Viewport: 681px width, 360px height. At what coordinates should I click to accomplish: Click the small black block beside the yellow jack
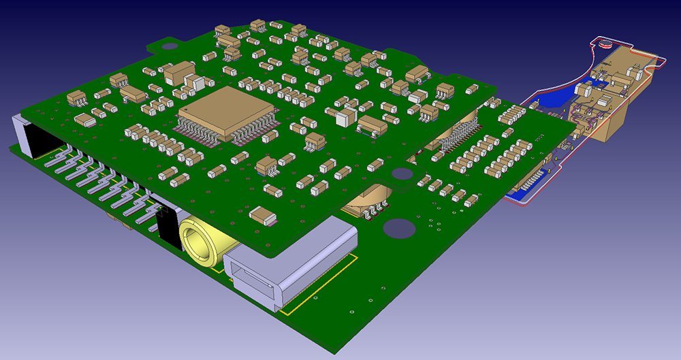click(166, 229)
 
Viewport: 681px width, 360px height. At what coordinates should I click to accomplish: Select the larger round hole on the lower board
click(401, 228)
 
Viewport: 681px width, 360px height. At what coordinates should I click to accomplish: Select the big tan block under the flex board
click(613, 116)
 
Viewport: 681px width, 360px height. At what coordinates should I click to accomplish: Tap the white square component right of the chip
click(345, 117)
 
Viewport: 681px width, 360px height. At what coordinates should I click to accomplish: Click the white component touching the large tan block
click(195, 84)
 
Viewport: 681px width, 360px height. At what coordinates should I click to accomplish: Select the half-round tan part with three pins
click(367, 201)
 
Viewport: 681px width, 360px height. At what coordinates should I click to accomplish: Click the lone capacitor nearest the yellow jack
click(263, 216)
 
